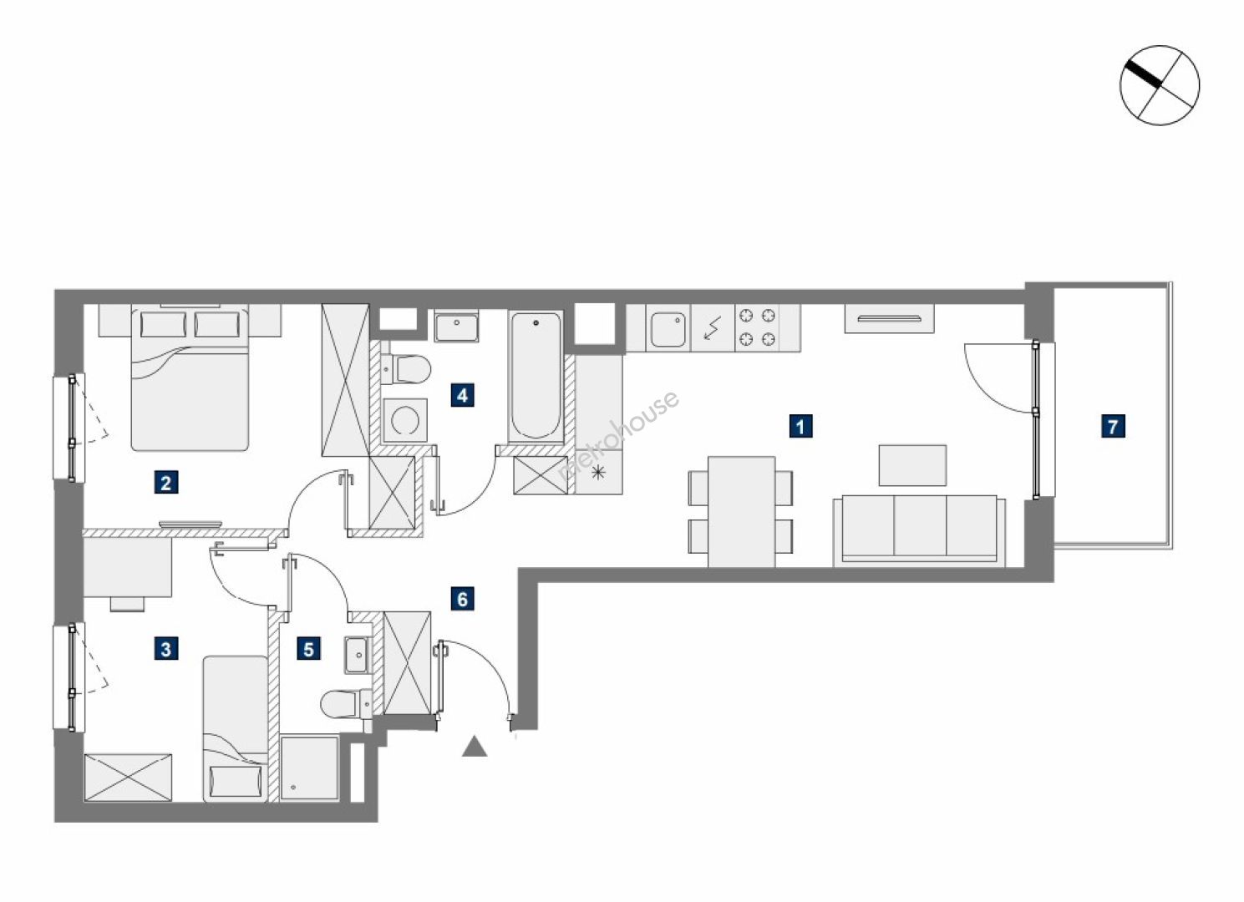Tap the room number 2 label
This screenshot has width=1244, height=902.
click(x=165, y=483)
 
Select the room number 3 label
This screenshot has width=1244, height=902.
click(x=165, y=648)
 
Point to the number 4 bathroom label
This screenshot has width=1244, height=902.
click(x=462, y=395)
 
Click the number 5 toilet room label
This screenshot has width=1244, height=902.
click(x=308, y=649)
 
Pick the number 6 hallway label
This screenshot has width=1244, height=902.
click(x=462, y=599)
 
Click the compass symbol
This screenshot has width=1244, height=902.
click(x=1159, y=85)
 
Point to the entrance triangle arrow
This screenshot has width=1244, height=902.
click(x=475, y=747)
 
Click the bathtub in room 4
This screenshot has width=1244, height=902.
click(x=536, y=377)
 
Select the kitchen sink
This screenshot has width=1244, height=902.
click(x=668, y=330)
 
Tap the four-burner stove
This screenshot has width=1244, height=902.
click(x=756, y=327)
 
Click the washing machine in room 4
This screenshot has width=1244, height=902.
click(x=405, y=420)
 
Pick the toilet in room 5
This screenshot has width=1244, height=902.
click(x=346, y=704)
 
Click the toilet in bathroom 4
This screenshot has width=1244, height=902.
click(x=407, y=369)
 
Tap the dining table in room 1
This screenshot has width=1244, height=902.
click(x=741, y=511)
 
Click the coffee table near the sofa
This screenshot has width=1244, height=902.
click(x=912, y=465)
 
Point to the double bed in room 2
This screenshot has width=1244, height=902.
click(x=190, y=379)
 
